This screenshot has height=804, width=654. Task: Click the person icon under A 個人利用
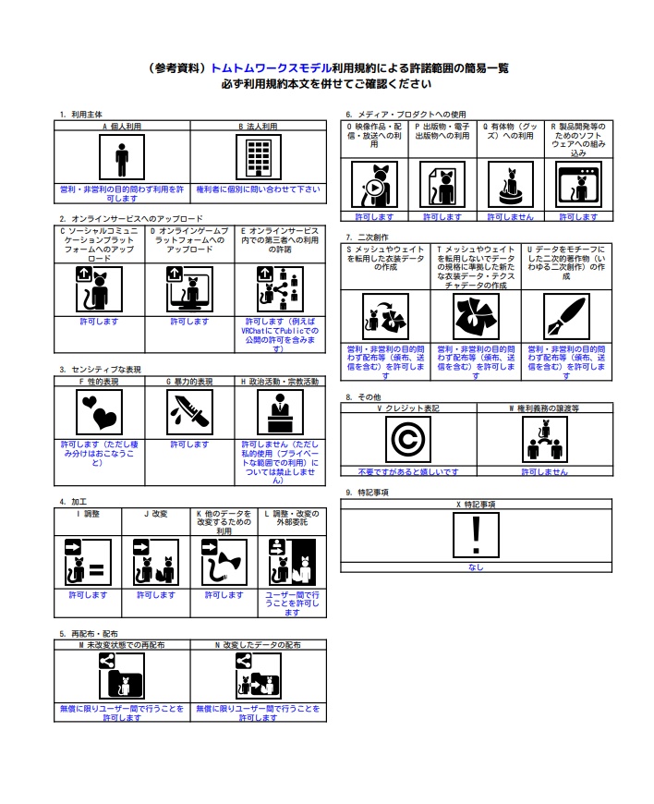[x=122, y=157]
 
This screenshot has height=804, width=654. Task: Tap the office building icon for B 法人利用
[x=259, y=157]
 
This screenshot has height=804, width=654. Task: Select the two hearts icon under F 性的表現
[x=99, y=412]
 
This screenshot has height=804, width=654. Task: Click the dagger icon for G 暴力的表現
[x=189, y=412]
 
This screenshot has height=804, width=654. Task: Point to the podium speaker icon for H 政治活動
[x=280, y=412]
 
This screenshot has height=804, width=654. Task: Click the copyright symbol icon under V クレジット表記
[x=408, y=440]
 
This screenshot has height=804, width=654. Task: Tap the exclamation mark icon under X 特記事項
[x=476, y=535]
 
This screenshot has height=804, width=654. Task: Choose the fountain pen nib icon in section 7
[x=566, y=316]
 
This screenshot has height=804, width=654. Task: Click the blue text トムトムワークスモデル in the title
[x=272, y=68]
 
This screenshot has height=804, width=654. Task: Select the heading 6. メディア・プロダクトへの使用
[x=406, y=115]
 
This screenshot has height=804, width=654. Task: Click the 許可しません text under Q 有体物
[x=511, y=217]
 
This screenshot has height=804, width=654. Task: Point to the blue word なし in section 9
[x=476, y=567]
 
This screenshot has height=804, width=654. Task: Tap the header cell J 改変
[x=156, y=514]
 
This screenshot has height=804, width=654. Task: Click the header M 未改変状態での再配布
[x=122, y=645]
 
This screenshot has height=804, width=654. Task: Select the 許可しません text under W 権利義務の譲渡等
[x=545, y=471]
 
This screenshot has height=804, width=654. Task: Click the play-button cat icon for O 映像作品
[x=375, y=184]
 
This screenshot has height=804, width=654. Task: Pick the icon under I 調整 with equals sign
[x=88, y=562]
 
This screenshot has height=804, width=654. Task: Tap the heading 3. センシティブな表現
[x=100, y=370]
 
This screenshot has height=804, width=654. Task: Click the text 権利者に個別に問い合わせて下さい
[x=259, y=189]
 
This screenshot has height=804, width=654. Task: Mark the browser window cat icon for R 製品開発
[x=578, y=184]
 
